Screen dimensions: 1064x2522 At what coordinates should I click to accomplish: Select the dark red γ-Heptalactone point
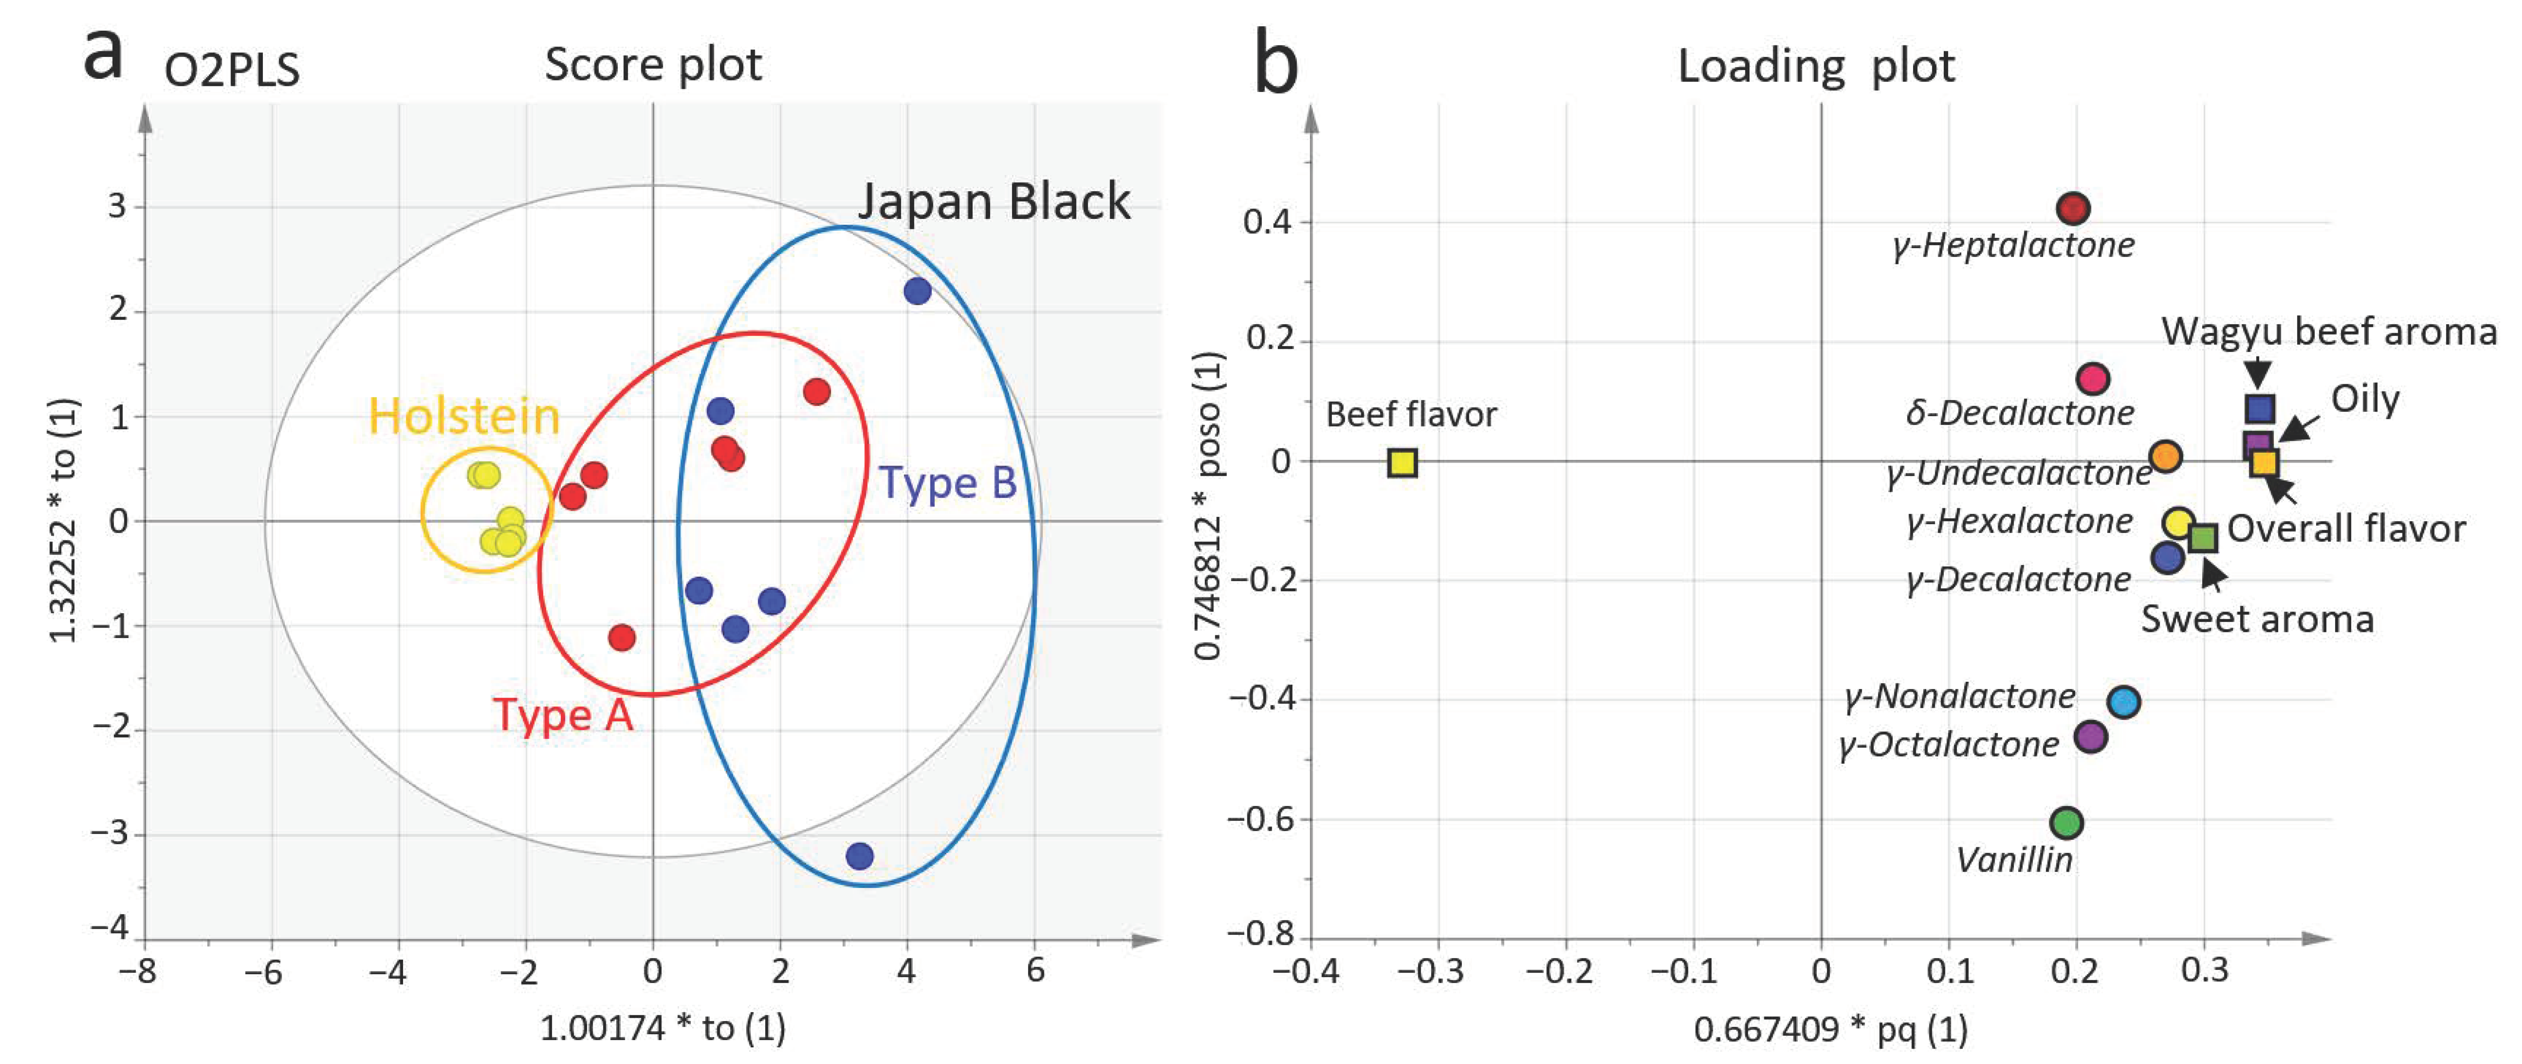pos(2073,209)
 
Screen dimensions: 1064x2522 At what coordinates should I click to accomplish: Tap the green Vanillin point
pos(2066,822)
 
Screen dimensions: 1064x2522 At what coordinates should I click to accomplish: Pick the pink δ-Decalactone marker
pos(2092,378)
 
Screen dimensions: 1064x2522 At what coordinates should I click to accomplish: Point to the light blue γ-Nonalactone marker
pos(2123,702)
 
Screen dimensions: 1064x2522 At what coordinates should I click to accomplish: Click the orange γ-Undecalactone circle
pos(2166,456)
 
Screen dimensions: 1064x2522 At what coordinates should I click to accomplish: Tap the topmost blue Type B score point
pos(916,291)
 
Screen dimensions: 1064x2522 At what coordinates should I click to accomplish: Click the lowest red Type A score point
pos(622,637)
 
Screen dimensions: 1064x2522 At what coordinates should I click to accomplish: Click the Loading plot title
pos(1816,66)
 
